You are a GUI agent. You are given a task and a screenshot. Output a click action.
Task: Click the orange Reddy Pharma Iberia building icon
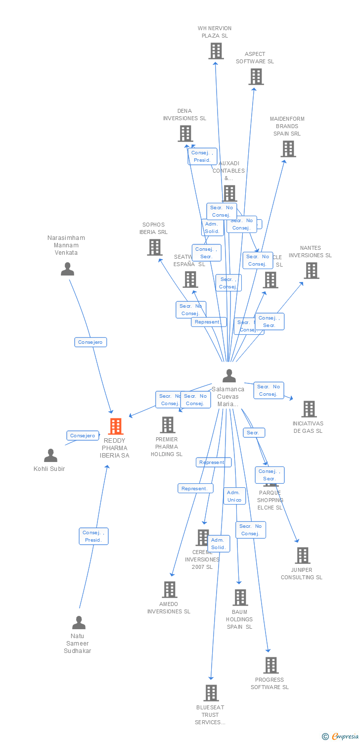point(116,426)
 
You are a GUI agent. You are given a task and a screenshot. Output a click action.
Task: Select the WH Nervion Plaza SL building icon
point(216,51)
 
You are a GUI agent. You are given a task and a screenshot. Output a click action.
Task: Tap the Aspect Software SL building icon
point(256,77)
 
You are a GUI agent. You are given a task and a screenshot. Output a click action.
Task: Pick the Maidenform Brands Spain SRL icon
point(288,148)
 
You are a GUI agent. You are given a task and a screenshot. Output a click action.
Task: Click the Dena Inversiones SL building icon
point(185,134)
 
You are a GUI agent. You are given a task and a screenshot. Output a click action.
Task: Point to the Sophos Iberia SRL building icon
point(154,247)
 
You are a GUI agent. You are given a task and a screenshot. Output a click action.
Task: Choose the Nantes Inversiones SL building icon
point(311,271)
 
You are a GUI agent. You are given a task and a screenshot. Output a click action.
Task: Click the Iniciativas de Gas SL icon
point(309,409)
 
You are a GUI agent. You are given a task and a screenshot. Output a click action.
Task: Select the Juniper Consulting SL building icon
point(303,556)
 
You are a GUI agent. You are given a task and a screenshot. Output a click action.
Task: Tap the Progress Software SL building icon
point(270,665)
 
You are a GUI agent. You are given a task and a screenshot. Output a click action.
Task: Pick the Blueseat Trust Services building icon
point(211,693)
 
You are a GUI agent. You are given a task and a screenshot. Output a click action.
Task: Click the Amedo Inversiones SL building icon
point(170,590)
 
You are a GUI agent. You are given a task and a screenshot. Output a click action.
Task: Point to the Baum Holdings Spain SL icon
point(240,598)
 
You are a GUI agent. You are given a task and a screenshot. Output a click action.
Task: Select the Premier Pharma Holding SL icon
point(168,425)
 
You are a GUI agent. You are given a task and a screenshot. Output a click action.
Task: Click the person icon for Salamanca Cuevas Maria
point(229,376)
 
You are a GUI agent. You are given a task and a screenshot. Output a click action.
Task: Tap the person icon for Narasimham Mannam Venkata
point(67,269)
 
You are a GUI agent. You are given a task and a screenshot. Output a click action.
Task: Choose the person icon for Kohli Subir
point(50,455)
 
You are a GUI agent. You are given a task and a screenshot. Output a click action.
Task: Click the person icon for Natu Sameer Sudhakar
point(79,622)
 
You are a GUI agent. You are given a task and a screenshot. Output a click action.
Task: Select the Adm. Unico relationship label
point(234,496)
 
